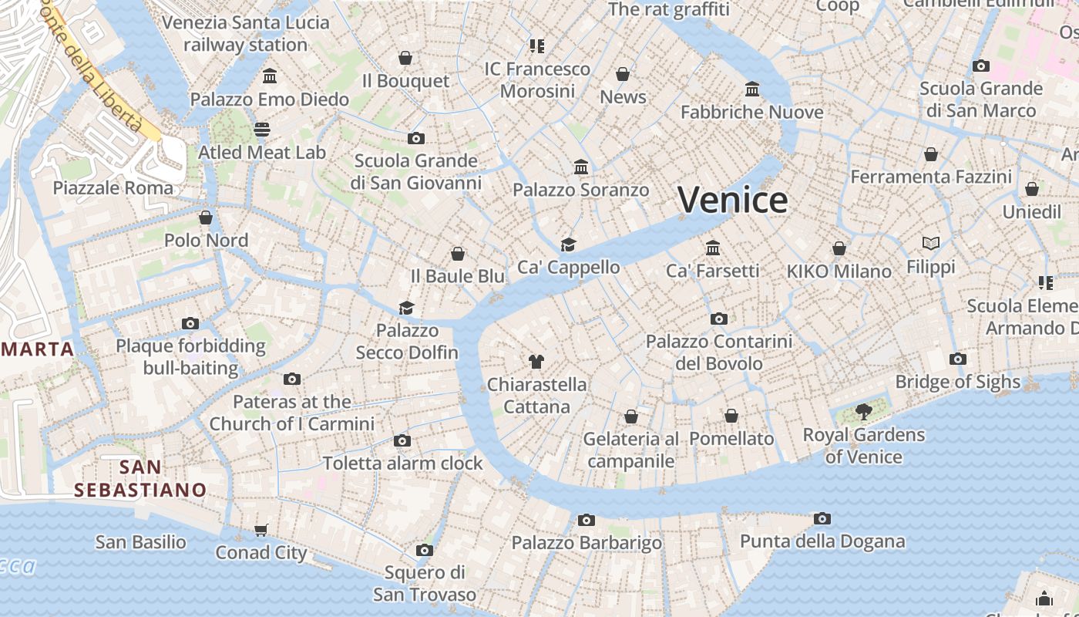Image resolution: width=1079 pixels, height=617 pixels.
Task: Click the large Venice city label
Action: pos(733,200)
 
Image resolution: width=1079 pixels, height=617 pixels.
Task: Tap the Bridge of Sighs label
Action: pos(957,382)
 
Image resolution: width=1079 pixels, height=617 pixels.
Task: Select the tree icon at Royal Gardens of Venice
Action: pos(864,412)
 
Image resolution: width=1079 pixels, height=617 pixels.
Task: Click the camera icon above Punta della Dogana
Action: pos(822,519)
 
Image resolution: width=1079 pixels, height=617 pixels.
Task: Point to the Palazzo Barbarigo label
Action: pos(587,543)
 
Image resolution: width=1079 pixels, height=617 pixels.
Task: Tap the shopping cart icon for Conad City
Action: pos(261,530)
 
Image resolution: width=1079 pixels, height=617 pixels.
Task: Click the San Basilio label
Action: pos(140,542)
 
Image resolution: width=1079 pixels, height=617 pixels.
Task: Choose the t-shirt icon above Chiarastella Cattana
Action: pos(536,361)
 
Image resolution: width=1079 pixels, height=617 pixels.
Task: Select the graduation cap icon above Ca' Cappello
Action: pos(568,244)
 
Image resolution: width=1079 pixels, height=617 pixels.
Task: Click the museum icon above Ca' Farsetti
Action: pos(713,248)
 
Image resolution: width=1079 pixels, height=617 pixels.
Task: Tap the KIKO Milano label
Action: pos(839,271)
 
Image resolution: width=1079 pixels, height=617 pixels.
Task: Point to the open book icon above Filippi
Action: pos(931,244)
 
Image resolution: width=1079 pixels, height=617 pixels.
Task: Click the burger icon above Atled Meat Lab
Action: pos(262,129)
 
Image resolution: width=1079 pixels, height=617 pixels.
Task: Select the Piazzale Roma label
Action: pos(113,187)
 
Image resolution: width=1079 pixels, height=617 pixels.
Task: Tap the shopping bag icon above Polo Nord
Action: pos(206,217)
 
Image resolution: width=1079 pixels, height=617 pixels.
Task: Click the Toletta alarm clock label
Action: pos(402,464)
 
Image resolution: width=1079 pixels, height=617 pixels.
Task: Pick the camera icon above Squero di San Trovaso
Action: pos(424,550)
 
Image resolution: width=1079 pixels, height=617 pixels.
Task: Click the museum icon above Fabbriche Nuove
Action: pos(752,89)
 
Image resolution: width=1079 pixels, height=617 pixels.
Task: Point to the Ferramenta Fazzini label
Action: pos(931,177)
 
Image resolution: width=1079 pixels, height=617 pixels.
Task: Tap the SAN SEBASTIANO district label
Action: pos(140,478)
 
